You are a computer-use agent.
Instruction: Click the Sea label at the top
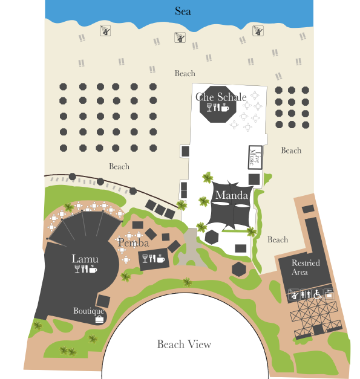(183, 11)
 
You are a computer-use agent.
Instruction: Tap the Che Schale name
(221, 97)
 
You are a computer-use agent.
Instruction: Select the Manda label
(232, 195)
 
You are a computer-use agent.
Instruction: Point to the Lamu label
(85, 259)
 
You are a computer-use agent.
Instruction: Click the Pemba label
(133, 242)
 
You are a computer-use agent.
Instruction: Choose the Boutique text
(89, 311)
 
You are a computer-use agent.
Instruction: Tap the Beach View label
(184, 344)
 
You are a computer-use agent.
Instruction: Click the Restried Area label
(306, 267)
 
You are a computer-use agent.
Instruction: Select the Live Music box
(255, 157)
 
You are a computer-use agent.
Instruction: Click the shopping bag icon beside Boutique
(99, 319)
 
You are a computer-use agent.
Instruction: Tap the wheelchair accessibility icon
(318, 294)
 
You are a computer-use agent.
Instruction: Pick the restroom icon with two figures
(306, 294)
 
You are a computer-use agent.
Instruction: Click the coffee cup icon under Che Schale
(224, 108)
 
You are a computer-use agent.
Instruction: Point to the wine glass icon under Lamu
(77, 269)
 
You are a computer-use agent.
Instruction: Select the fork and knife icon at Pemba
(152, 258)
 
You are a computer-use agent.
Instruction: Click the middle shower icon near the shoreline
(180, 37)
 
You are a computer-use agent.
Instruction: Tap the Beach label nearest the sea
(185, 73)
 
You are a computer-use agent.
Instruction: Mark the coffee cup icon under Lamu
(93, 269)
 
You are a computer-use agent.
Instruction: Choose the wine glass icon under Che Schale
(209, 108)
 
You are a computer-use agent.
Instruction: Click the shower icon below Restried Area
(293, 294)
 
